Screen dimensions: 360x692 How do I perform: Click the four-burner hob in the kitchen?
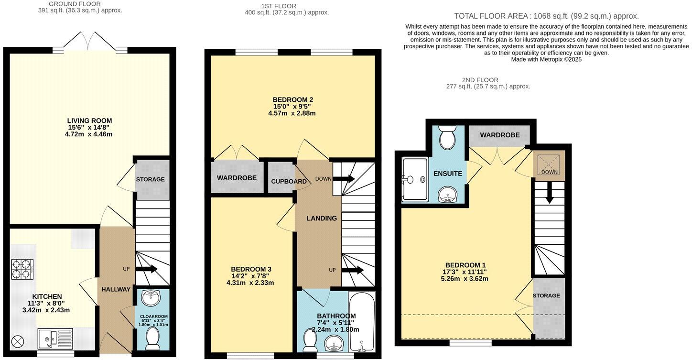[22, 269]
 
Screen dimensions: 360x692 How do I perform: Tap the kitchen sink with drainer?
[55, 338]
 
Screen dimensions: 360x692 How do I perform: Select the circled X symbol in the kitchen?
[18, 341]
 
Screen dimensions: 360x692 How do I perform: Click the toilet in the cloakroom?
[152, 337]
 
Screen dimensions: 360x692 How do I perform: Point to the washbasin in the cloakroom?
[152, 297]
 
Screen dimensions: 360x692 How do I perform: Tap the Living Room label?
[89, 120]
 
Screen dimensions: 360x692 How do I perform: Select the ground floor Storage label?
[150, 180]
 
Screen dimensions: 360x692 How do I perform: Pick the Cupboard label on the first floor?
[289, 182]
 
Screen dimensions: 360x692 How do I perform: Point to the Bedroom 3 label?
[251, 269]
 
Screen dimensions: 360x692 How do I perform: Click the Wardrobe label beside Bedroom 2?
[237, 178]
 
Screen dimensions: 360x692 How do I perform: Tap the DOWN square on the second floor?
[549, 165]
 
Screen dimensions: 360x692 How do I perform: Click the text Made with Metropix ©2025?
[546, 60]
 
